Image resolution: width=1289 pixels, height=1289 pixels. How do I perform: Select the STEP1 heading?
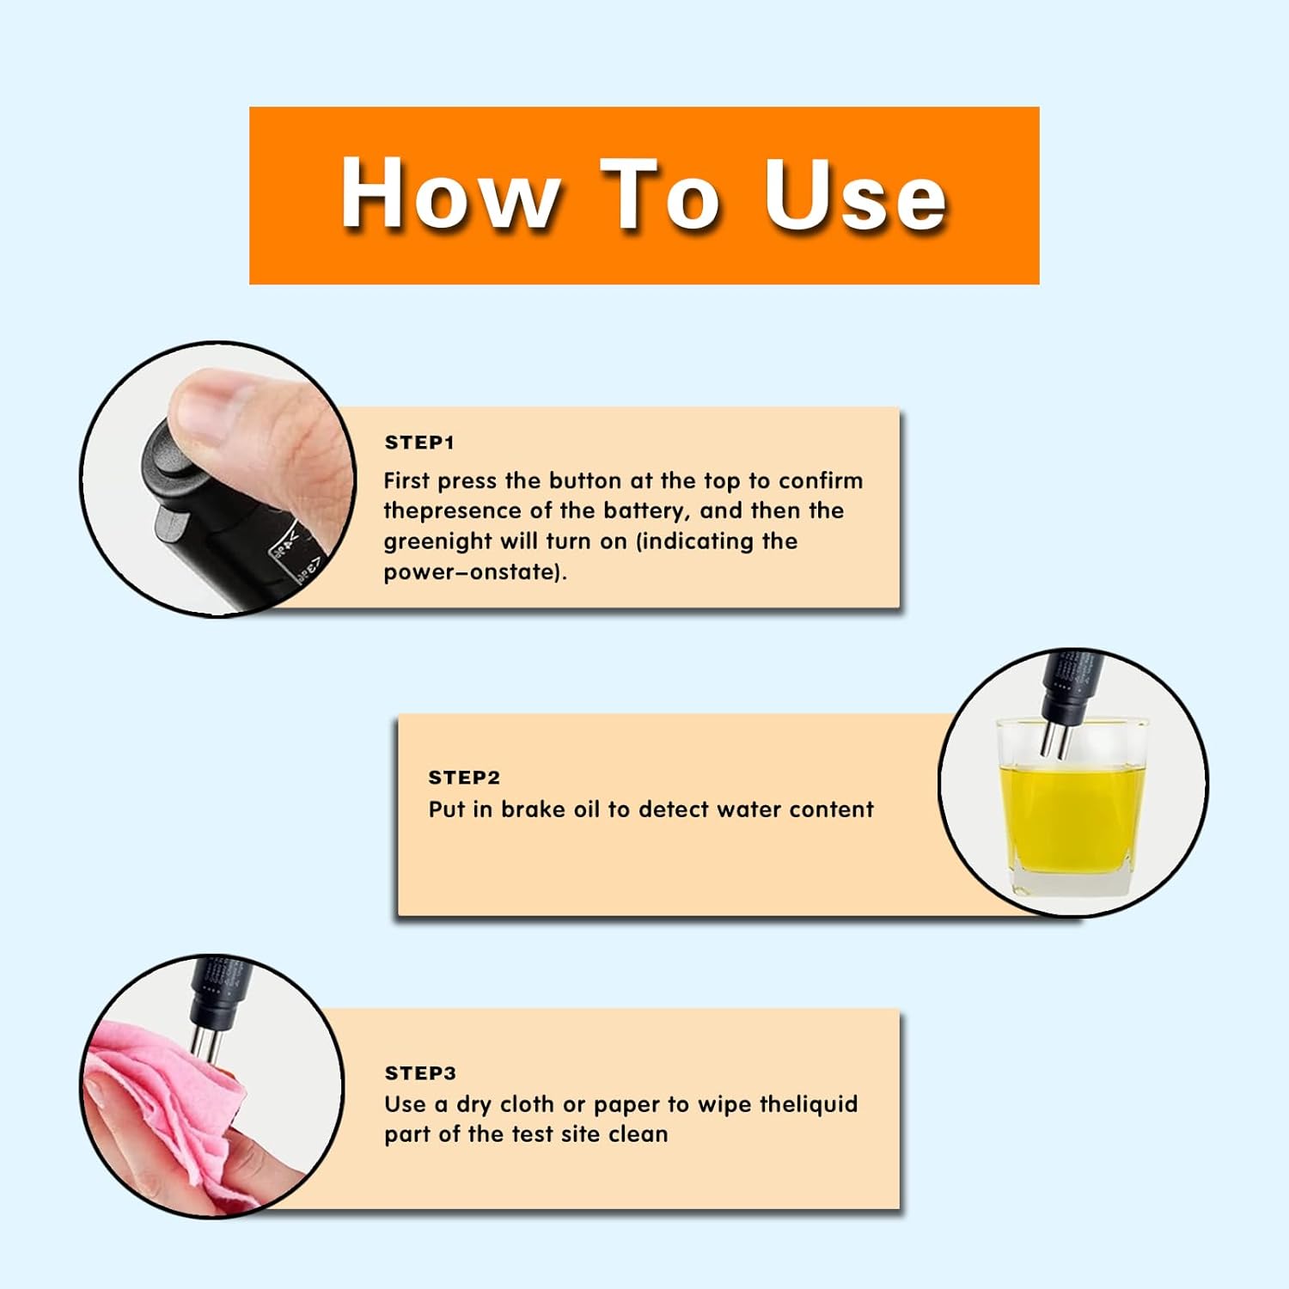point(419,443)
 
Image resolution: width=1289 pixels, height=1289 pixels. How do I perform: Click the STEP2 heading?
point(464,778)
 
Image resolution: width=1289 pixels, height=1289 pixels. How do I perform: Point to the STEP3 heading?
point(420,1073)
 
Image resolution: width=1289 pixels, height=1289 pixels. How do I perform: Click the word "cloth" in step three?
point(527,1104)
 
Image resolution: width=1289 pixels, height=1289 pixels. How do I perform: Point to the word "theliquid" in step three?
point(809,1105)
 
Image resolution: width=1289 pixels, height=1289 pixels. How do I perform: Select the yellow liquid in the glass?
point(1072,816)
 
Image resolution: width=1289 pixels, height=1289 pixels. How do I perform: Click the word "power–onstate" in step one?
point(473,572)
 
